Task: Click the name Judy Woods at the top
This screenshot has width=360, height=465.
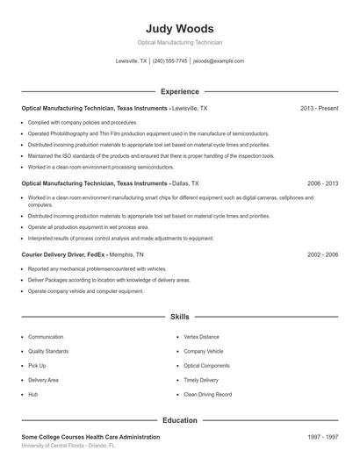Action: click(179, 28)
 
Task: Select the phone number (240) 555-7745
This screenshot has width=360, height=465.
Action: click(170, 61)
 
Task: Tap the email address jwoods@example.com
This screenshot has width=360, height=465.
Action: click(219, 61)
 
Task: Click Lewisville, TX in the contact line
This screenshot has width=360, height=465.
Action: click(132, 61)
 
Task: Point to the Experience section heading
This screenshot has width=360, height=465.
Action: click(180, 91)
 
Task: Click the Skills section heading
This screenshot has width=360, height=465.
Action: click(180, 316)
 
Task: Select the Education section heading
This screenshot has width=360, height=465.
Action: click(180, 420)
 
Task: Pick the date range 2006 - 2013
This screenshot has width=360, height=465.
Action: click(322, 183)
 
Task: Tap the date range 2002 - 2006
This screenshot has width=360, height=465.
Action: click(322, 254)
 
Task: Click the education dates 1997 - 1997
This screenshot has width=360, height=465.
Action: click(322, 437)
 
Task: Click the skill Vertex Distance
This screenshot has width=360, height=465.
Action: click(202, 337)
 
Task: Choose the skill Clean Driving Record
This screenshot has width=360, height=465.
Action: click(208, 395)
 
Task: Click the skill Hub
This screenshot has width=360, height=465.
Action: click(32, 395)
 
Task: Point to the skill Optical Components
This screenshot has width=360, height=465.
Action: click(207, 366)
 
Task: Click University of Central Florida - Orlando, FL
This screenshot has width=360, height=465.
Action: click(68, 446)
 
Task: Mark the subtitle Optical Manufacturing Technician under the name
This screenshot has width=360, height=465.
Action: click(179, 42)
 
